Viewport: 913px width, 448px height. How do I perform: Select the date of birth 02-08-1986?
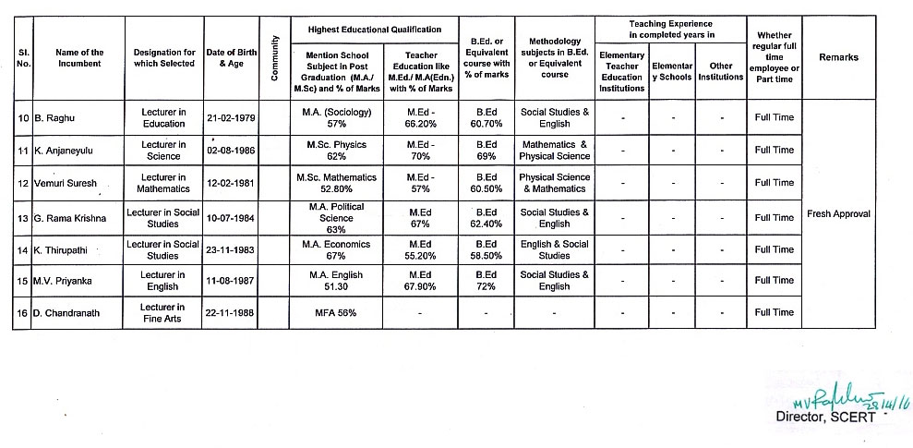(x=231, y=151)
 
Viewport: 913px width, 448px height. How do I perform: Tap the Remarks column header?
(x=838, y=57)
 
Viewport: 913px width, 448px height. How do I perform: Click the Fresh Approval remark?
(x=838, y=213)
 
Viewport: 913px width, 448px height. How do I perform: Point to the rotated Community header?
(x=274, y=57)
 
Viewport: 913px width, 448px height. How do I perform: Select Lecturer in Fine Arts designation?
(x=162, y=312)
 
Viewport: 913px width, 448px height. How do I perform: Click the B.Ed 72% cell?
(x=487, y=281)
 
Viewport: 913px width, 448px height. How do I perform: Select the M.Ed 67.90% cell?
(x=420, y=281)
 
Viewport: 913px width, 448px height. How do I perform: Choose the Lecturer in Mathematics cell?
(x=162, y=183)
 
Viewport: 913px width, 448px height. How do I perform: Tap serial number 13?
(x=23, y=218)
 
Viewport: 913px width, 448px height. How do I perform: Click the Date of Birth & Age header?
(x=231, y=57)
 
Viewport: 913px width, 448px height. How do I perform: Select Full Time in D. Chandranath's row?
(x=774, y=312)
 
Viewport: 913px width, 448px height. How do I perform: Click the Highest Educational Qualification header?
(x=374, y=30)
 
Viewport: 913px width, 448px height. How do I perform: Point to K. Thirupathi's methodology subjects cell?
(x=554, y=249)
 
